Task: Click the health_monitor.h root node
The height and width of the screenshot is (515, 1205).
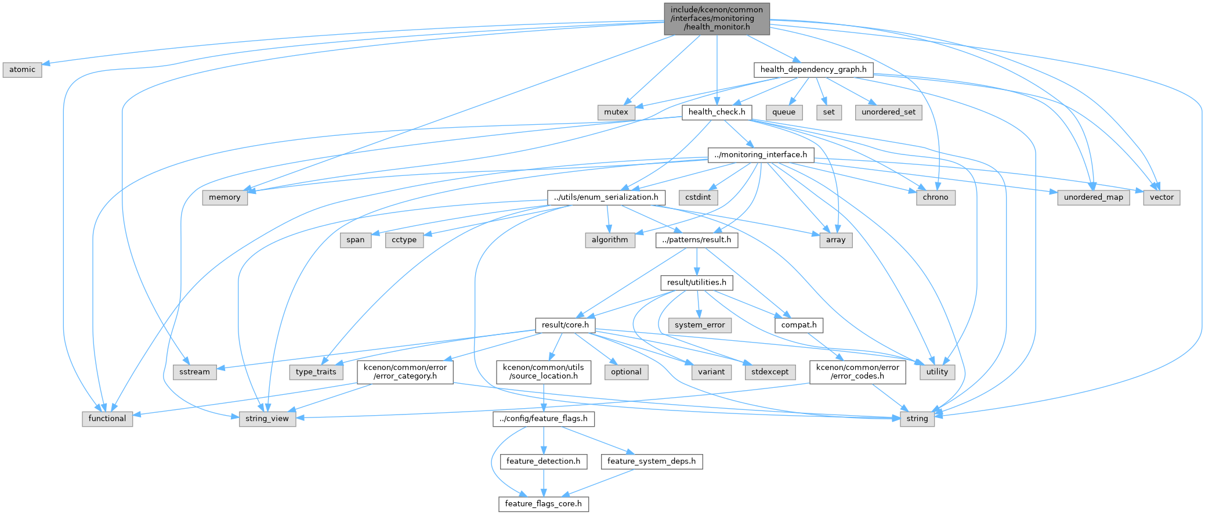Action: click(x=717, y=19)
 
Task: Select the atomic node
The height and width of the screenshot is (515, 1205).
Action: click(x=22, y=70)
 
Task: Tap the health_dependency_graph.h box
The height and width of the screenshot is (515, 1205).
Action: click(x=813, y=70)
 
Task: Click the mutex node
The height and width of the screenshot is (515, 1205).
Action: click(x=616, y=112)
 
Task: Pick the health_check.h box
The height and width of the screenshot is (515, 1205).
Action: click(x=717, y=112)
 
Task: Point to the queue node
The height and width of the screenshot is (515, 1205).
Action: click(x=784, y=112)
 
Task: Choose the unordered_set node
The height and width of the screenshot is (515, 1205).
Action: click(x=888, y=112)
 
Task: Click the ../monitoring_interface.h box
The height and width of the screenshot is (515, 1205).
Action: click(x=761, y=155)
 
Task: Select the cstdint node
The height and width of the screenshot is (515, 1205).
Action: click(x=698, y=197)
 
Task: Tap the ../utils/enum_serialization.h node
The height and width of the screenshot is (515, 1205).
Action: click(x=606, y=197)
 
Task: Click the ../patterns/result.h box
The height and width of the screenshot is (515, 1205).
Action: click(x=697, y=240)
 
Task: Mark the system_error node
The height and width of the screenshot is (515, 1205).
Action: click(x=700, y=325)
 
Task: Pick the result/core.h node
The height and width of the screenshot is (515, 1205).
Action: click(x=565, y=325)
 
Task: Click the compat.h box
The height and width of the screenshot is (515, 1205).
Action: click(x=799, y=325)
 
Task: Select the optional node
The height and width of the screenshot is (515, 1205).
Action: click(x=626, y=372)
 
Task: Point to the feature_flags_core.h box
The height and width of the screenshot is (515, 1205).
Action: click(x=544, y=504)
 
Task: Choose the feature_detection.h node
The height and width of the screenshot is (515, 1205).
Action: click(x=544, y=462)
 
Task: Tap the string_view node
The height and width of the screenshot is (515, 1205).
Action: click(x=267, y=419)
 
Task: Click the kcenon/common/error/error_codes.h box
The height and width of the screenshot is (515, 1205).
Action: click(x=857, y=372)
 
